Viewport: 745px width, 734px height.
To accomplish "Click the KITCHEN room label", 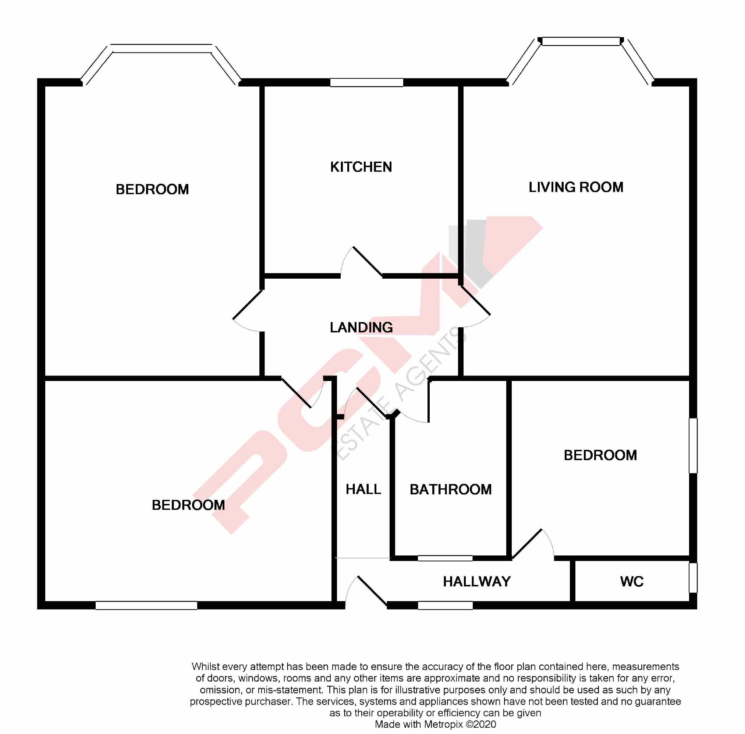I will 361,167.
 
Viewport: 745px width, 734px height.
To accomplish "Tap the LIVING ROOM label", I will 575,187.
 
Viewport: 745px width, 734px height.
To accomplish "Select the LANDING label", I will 361,327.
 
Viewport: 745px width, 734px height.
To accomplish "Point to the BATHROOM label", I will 450,490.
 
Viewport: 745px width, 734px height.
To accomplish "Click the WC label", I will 631,581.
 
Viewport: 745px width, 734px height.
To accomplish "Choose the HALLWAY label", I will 476,581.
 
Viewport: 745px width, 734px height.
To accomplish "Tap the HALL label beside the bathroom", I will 363,489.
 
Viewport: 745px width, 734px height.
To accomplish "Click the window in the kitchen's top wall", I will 366,82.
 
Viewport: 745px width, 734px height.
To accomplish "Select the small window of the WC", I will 693,578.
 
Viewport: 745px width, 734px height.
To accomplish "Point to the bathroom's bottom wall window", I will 445,558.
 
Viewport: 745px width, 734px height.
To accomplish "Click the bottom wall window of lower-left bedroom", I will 146,605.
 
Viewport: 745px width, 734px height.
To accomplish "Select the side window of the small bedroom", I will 693,445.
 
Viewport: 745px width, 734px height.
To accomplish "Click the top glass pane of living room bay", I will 581,41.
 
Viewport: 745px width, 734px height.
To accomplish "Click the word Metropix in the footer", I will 443,724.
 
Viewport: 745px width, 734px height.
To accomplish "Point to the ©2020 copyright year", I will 480,724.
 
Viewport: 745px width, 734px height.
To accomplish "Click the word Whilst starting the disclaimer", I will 205,667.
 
